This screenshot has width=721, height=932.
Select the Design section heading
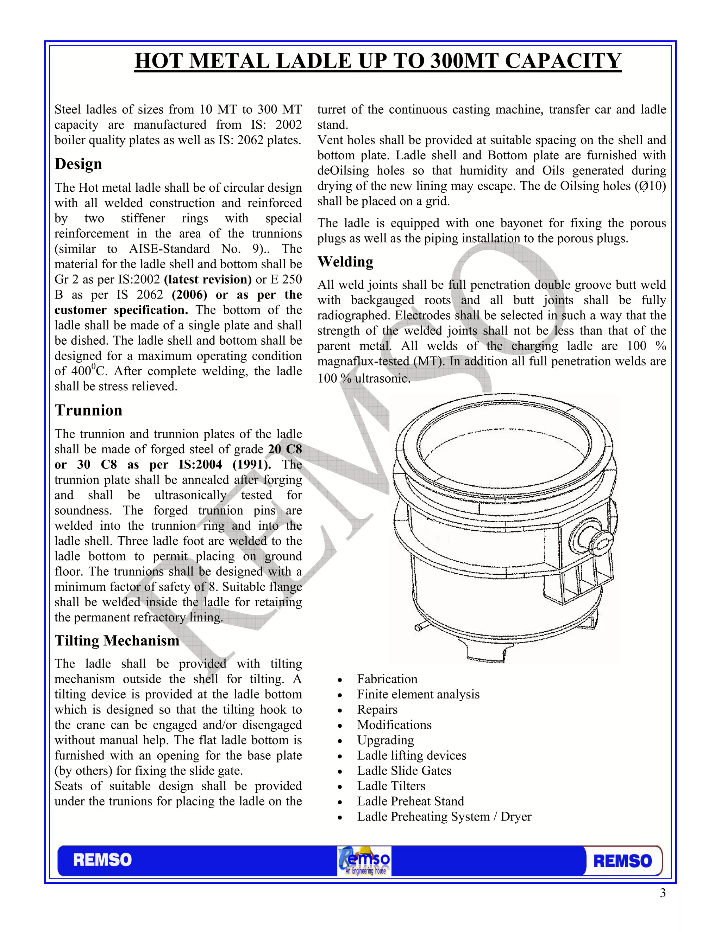coord(78,164)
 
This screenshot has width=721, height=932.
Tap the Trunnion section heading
coord(88,410)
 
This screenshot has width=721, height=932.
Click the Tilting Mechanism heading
coord(117,640)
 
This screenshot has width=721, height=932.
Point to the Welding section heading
coord(345,262)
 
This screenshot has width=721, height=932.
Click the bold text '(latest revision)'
coord(208,280)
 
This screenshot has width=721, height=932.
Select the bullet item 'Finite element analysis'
coord(418,694)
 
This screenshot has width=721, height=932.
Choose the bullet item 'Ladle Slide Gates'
coord(404,771)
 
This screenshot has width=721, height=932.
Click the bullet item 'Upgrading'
coord(385,740)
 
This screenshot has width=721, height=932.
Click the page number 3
coord(663,893)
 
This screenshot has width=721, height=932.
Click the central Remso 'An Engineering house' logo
coord(364,861)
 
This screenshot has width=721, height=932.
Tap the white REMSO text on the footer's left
coord(102,860)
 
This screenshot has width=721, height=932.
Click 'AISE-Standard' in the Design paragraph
coord(169,249)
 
